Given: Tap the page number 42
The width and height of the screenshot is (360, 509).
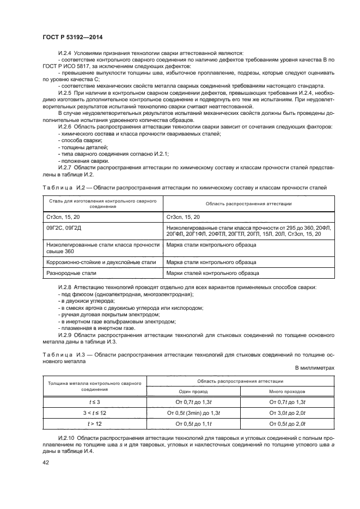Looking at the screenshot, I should pos(46,462).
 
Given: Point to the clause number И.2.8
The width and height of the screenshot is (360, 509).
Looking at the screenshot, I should pos(65,287).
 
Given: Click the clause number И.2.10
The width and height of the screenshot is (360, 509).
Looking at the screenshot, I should pos(67,438).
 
